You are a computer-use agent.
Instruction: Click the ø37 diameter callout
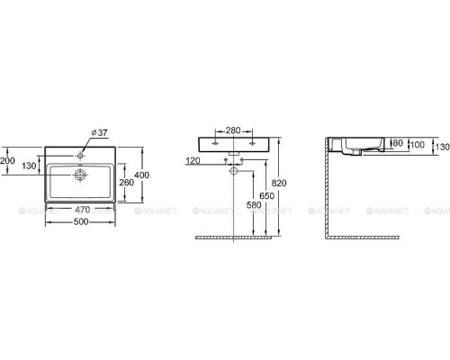coord(99,132)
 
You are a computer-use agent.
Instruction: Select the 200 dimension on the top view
coord(7,161)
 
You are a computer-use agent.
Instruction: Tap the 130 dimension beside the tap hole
coord(29,166)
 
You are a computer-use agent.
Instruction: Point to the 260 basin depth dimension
coord(126,182)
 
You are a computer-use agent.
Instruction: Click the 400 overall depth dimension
coord(141,175)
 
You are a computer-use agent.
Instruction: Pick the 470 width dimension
coord(82,210)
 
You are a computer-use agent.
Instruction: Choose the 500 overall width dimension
coord(81,221)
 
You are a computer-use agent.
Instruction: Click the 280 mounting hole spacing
coord(233,130)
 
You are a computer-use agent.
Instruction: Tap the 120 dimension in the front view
coord(193,161)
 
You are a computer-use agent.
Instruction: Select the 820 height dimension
coord(279,183)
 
